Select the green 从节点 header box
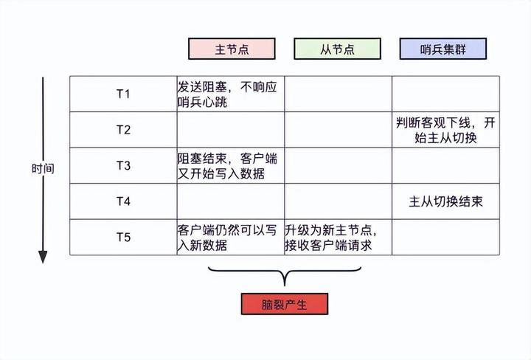click(x=337, y=49)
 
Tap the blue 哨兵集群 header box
click(x=443, y=49)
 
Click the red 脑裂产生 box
click(x=284, y=304)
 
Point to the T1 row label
click(x=123, y=94)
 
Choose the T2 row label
click(x=123, y=130)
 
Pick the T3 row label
click(x=123, y=165)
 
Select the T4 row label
click(x=123, y=201)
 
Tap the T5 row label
click(x=123, y=237)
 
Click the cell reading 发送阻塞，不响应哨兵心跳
click(x=229, y=94)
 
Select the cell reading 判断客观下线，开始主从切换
click(x=445, y=130)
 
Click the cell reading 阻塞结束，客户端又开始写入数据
click(x=229, y=165)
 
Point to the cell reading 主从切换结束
click(x=445, y=201)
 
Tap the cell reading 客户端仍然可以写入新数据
click(x=229, y=237)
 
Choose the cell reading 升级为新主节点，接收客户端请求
click(x=337, y=237)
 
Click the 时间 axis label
click(x=43, y=168)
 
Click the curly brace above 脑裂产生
click(x=284, y=275)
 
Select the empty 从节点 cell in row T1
click(x=337, y=94)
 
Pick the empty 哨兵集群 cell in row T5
click(x=445, y=237)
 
